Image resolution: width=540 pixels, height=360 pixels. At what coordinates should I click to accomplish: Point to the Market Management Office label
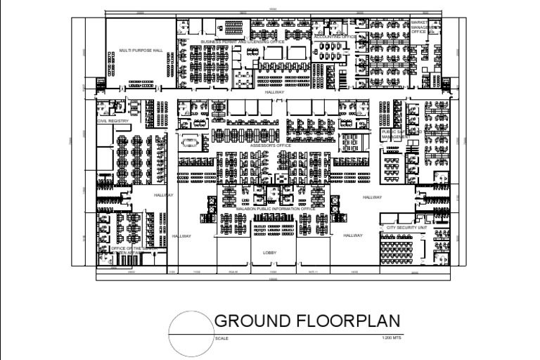click(419, 27)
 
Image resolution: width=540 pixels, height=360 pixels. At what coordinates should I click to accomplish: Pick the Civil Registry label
click(113, 121)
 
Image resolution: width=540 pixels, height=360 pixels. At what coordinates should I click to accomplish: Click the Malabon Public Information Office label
click(275, 209)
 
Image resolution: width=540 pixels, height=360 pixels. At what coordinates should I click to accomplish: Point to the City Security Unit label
click(402, 228)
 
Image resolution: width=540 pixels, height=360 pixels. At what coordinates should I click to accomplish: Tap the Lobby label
click(271, 252)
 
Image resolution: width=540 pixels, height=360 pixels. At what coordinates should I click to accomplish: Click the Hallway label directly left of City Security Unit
click(353, 236)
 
